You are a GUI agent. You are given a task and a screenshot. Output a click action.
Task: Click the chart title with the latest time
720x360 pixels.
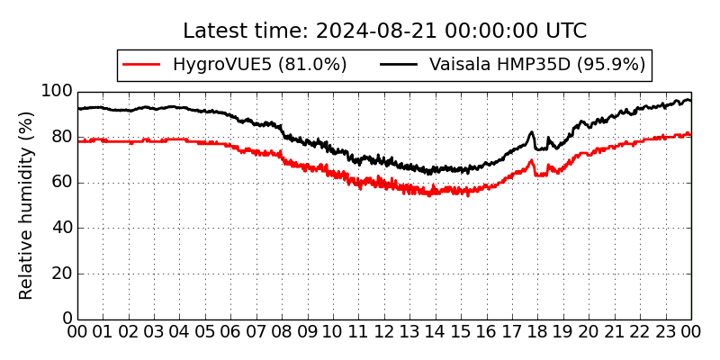(384, 31)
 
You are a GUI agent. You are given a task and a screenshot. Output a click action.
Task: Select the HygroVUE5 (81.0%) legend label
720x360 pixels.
(259, 65)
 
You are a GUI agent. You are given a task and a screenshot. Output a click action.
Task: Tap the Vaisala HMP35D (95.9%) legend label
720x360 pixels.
(537, 65)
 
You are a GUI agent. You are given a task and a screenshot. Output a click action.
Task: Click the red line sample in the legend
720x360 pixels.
(141, 65)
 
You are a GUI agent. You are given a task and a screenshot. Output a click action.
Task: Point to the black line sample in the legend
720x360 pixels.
(399, 65)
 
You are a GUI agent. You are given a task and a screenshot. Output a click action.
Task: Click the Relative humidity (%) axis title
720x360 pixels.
(26, 205)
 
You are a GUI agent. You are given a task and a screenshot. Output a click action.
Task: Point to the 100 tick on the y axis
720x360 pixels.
(57, 92)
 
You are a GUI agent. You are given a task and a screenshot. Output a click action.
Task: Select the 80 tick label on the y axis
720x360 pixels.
(61, 137)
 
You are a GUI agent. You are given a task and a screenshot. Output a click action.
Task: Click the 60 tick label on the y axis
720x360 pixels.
(61, 183)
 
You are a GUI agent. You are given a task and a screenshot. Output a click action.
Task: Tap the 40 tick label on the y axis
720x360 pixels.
(61, 228)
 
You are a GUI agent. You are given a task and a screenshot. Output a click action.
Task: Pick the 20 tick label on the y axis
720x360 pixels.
(61, 274)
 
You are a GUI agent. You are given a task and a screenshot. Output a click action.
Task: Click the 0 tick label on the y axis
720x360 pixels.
(67, 319)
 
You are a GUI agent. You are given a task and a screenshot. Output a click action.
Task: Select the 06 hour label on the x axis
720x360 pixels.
(230, 333)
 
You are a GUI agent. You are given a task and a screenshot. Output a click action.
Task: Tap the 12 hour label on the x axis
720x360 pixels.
(384, 333)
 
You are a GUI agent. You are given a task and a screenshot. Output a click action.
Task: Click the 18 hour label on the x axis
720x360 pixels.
(537, 333)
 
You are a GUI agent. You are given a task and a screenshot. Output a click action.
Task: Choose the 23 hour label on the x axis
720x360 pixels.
(665, 333)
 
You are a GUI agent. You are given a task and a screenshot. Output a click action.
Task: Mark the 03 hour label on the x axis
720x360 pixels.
(154, 333)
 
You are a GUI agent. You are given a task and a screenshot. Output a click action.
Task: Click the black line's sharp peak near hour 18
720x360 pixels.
(531, 132)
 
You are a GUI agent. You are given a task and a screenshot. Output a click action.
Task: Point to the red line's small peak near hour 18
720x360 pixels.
(531, 161)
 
